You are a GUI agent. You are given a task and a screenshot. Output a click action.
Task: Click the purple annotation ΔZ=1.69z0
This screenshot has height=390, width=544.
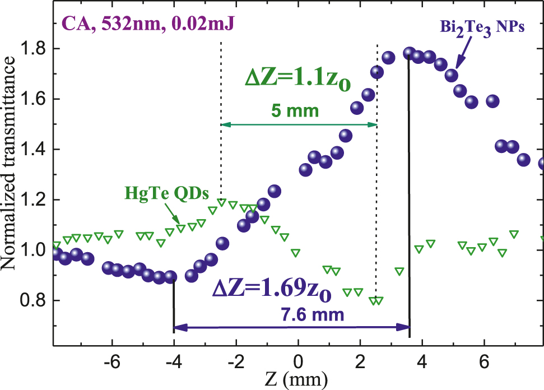click(x=272, y=290)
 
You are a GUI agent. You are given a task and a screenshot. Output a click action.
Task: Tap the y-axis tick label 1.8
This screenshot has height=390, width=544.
click(x=35, y=49)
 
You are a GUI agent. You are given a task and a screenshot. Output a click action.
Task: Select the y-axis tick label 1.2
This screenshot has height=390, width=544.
click(x=35, y=199)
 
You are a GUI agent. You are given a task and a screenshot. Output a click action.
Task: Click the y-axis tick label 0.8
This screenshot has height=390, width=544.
click(x=35, y=300)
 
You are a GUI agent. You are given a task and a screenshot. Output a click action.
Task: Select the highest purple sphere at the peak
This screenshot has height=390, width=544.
click(x=410, y=53)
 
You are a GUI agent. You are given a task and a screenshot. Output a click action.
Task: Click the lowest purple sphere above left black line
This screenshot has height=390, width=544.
click(x=171, y=277)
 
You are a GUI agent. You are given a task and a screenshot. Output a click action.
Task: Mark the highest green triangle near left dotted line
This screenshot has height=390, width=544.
click(x=222, y=202)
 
